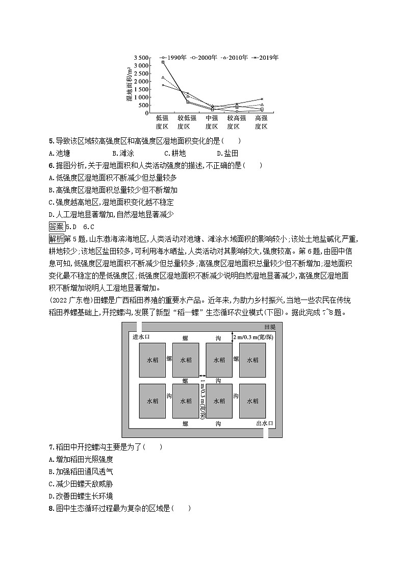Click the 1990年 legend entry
click(173, 58)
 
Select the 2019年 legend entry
click(266, 58)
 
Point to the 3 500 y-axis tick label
click(142, 58)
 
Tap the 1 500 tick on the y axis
click(142, 89)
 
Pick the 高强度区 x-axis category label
click(261, 122)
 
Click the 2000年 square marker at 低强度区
click(163, 62)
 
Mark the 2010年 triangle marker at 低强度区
click(163, 78)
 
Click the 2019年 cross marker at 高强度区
click(262, 99)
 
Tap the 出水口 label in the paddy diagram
click(264, 423)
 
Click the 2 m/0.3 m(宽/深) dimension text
click(255, 337)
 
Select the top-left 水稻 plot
click(152, 360)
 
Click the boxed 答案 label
click(54, 227)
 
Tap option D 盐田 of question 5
click(227, 153)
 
